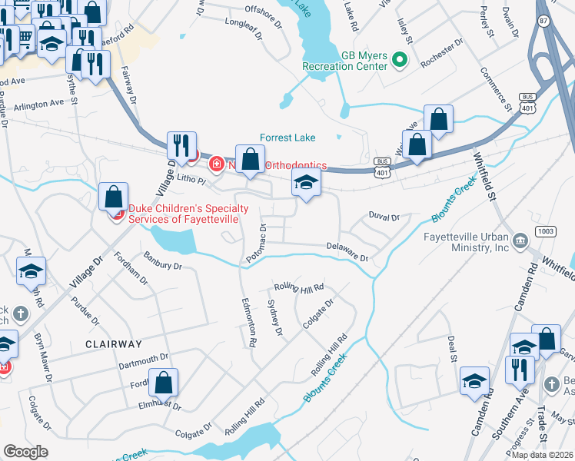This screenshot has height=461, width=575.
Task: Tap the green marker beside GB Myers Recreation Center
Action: click(400, 58)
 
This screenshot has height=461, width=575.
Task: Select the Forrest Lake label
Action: click(287, 138)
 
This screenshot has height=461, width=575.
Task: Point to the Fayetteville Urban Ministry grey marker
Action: click(520, 242)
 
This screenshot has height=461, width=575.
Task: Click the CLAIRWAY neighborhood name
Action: click(114, 344)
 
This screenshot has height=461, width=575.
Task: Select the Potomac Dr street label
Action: click(255, 245)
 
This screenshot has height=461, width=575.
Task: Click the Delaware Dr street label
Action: click(347, 253)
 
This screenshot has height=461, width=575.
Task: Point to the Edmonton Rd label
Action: click(250, 321)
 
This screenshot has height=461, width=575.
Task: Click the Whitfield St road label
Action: click(484, 177)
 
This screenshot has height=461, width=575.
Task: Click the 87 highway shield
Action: click(544, 22)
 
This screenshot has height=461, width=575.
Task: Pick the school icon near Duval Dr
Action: click(306, 184)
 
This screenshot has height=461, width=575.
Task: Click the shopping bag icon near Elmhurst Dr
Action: click(164, 382)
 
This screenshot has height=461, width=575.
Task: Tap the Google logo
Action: click(25, 452)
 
